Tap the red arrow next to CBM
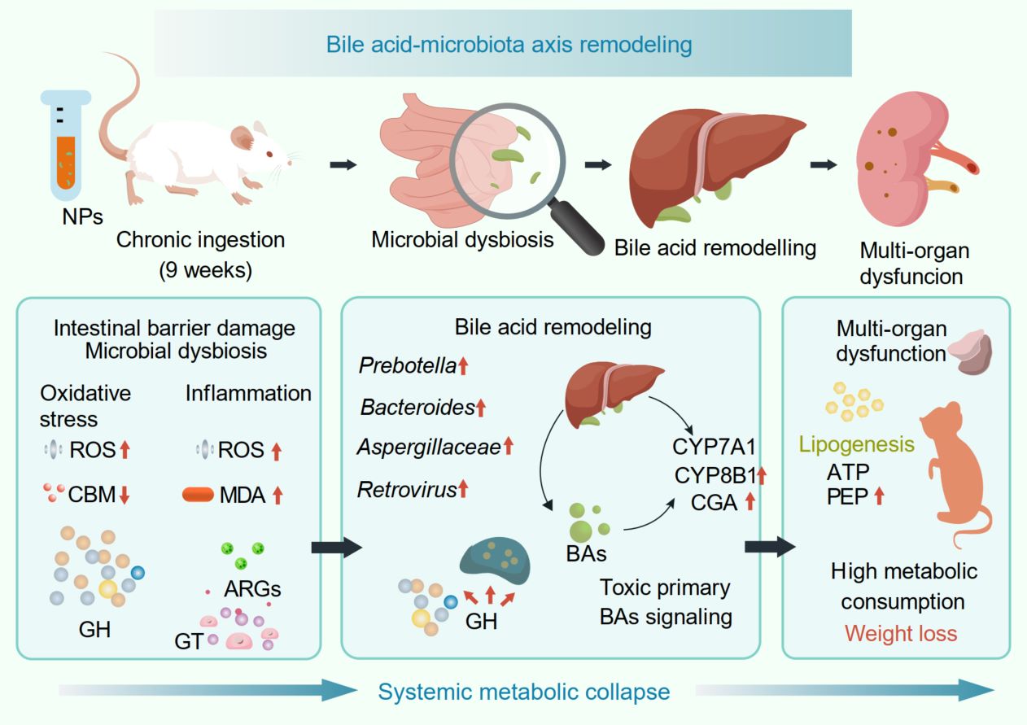point(124,495)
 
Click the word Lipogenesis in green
point(856,445)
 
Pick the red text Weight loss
point(900,632)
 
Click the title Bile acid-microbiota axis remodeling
point(509,44)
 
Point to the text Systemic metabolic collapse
point(524,692)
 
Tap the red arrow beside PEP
point(878,496)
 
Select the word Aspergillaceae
point(429,447)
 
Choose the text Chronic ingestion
point(201,240)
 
